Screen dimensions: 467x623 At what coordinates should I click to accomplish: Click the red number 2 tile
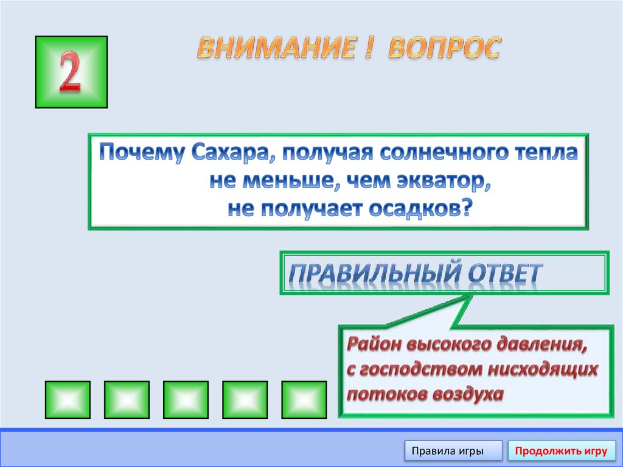[71, 72]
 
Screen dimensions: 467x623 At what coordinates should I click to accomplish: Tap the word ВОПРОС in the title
[444, 48]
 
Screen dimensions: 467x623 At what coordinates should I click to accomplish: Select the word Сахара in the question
[226, 152]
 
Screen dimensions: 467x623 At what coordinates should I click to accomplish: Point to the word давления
[543, 345]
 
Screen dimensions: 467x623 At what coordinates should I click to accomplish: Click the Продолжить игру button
[560, 451]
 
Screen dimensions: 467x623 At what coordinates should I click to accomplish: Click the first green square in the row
[68, 399]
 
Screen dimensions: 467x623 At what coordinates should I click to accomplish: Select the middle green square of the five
[186, 399]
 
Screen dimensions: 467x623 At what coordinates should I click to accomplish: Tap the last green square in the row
[304, 399]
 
